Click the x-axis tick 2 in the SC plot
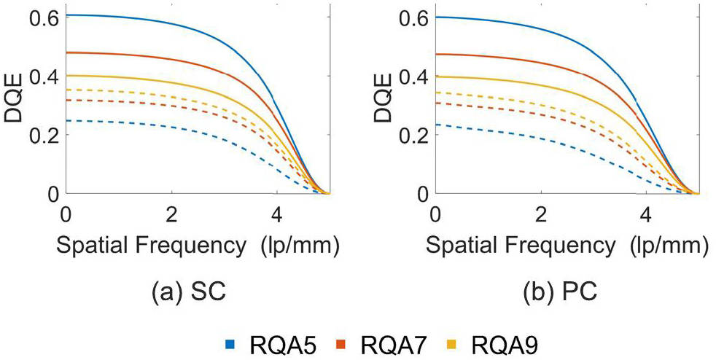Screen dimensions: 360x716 pos(171,216)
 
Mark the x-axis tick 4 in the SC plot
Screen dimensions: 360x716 pos(276,216)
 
